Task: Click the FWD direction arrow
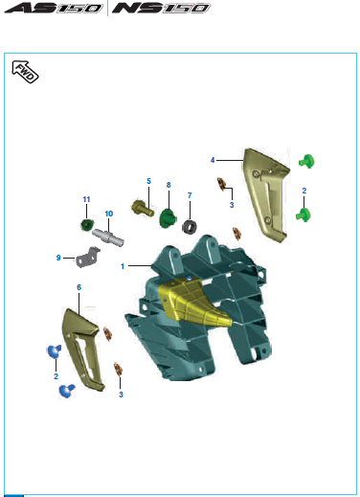pos(25,72)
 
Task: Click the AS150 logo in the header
pos(54,8)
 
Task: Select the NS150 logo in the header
pos(161,8)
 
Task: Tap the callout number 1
pos(123,266)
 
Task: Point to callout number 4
pos(213,160)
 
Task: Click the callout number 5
pos(148,181)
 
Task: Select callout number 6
pos(79,287)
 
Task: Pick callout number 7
pos(190,195)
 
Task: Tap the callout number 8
pos(169,185)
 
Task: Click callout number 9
pos(58,258)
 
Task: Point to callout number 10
pos(109,214)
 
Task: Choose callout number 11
pos(86,199)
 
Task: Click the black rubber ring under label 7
pos(190,227)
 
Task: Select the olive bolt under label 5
pos(143,208)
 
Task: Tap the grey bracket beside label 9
pos(87,257)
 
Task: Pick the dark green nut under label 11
pos(87,225)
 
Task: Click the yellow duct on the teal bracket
pos(192,303)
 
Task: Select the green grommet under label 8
pos(168,217)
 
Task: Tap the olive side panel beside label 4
pos(266,194)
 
